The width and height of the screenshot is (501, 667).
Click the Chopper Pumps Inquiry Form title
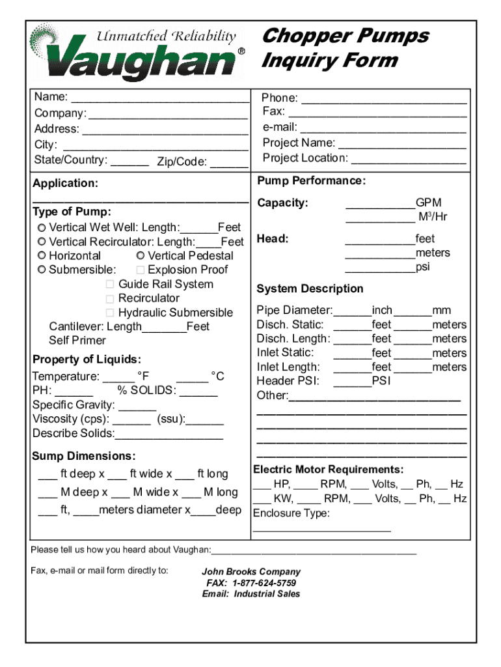pyautogui.click(x=345, y=48)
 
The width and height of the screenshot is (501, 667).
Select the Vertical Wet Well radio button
pyautogui.click(x=42, y=227)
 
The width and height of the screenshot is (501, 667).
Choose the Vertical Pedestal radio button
pyautogui.click(x=141, y=255)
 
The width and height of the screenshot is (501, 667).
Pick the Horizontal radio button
pyautogui.click(x=42, y=255)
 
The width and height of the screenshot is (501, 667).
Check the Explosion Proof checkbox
pyautogui.click(x=141, y=270)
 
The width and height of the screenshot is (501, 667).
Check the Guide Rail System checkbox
pyautogui.click(x=110, y=284)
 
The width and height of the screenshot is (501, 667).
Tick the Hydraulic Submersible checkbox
pyautogui.click(x=110, y=313)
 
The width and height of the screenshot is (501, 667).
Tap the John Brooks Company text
pyautogui.click(x=251, y=572)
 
